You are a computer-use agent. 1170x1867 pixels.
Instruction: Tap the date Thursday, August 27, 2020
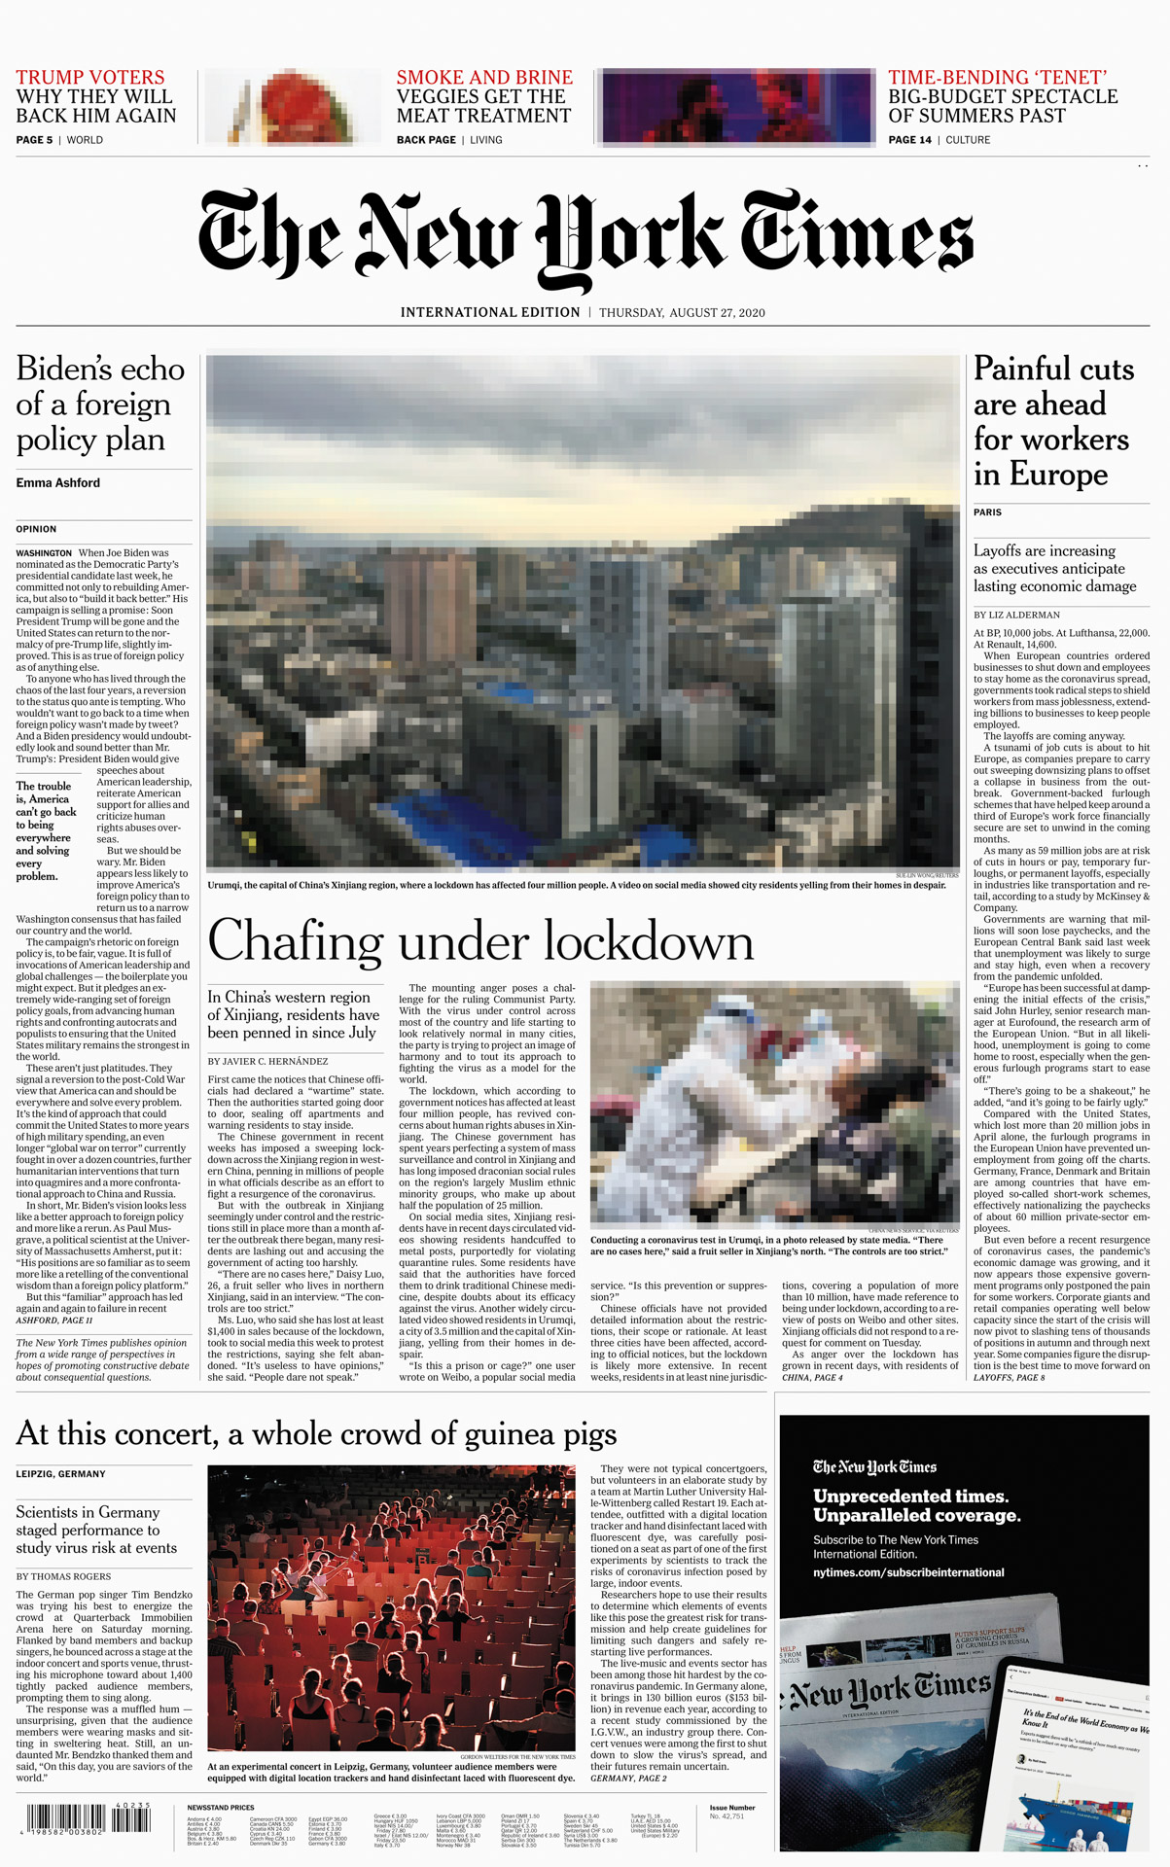pos(682,313)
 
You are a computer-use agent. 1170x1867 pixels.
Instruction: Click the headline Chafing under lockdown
pos(480,941)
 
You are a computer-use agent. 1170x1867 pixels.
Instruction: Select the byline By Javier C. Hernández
pos(267,1061)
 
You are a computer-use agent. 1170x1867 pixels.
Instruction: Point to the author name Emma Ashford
pos(57,483)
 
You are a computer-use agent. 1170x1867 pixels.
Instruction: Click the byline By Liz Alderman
pos(1016,615)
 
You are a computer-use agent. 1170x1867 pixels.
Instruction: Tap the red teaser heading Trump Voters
pos(90,78)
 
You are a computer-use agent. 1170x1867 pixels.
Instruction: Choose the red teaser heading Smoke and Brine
pos(484,78)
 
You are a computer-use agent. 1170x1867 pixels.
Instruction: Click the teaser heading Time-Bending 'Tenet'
pos(998,78)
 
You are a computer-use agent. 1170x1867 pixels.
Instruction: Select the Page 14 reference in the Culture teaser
pos(909,140)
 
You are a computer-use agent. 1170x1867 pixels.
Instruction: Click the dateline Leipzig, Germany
pos(60,1474)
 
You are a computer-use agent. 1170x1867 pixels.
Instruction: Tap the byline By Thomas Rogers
pos(63,1576)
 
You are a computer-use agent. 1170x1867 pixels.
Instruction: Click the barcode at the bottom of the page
pos(88,1818)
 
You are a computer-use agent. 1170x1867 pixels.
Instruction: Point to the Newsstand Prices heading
pos(221,1808)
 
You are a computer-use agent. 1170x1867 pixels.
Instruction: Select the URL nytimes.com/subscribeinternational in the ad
pos(908,1572)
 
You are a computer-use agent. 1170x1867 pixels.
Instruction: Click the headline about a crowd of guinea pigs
pos(316,1434)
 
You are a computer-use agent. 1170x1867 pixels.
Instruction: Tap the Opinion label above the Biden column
pos(36,529)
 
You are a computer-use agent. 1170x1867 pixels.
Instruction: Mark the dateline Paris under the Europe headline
pos(987,511)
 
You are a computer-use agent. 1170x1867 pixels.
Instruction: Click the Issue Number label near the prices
pos(731,1808)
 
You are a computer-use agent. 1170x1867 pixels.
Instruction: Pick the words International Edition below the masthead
pos(490,313)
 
